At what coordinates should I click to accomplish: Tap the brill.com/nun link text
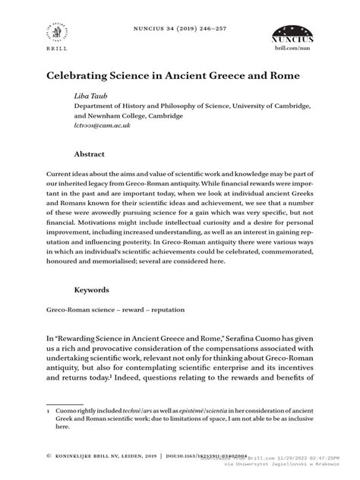(292, 47)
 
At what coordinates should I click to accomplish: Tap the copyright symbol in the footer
(48, 457)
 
